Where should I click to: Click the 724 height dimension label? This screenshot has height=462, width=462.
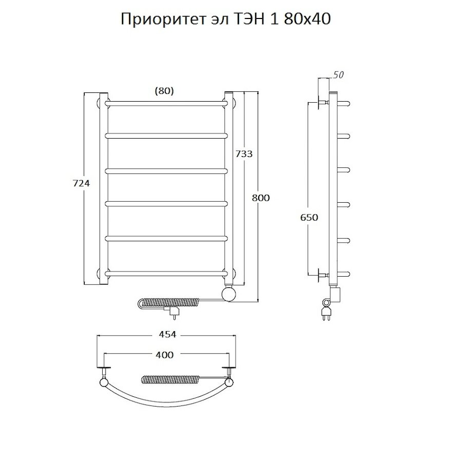(x=82, y=184)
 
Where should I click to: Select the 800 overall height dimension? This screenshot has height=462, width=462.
(x=261, y=197)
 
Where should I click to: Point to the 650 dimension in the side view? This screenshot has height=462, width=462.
(x=310, y=217)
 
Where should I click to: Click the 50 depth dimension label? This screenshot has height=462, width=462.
(x=338, y=75)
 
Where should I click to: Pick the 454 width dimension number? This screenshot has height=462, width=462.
(x=167, y=335)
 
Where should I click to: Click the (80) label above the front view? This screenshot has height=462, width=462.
(x=164, y=91)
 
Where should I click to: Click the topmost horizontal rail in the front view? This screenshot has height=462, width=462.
(x=167, y=103)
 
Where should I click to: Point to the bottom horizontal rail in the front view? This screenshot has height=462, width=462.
(x=167, y=272)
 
